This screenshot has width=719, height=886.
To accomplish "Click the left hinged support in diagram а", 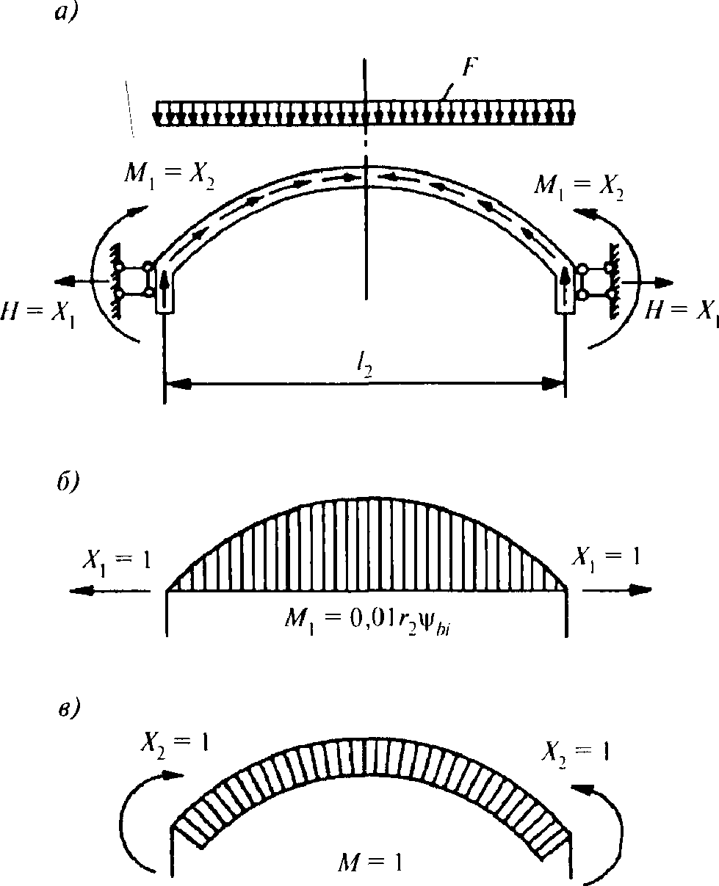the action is point(133,280).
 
